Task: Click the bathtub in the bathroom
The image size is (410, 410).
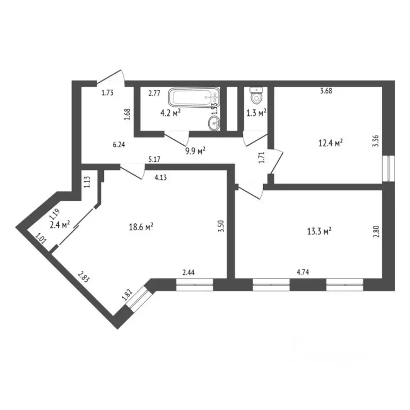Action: [194, 98]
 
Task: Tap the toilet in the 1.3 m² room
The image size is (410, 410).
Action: [256, 97]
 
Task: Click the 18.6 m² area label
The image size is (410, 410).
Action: [141, 227]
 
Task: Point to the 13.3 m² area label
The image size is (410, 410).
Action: [319, 231]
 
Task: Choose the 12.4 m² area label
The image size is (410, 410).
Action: [330, 143]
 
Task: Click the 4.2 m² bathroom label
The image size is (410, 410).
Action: [170, 113]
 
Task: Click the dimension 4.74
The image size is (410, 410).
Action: [303, 272]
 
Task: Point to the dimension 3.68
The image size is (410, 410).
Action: [326, 91]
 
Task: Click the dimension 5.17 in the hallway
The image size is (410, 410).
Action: [155, 159]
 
